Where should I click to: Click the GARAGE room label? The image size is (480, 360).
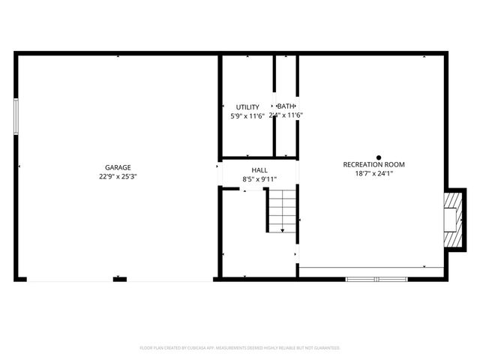118,167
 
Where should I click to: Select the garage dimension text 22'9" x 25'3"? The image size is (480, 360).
118,176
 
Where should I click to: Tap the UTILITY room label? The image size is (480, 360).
247,107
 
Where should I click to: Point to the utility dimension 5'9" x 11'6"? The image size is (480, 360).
247,115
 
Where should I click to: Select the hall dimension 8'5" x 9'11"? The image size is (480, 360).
259,179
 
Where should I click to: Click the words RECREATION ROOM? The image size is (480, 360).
373,164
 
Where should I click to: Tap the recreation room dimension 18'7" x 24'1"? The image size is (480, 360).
373,173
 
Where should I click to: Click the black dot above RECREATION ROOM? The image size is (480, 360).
379,157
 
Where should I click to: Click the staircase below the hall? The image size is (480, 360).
283,211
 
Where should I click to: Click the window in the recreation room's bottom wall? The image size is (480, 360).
377,279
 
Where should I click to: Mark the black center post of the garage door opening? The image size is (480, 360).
119,279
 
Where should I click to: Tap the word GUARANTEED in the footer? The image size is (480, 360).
324,348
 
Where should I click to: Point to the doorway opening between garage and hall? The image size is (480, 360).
219,173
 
